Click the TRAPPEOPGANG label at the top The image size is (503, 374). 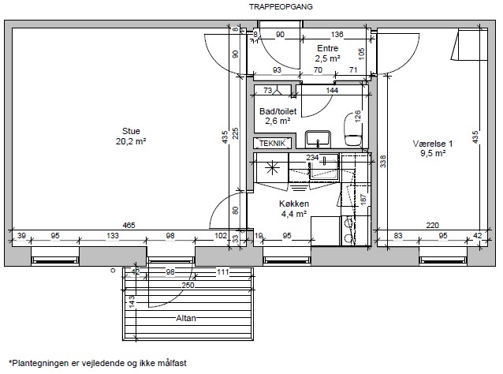281,7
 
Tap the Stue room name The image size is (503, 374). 131,131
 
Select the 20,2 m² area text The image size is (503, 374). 131,141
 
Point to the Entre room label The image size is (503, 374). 327,48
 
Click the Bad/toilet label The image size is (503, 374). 278,111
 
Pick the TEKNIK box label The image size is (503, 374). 272,143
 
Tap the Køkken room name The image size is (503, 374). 294,204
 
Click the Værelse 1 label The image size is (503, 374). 432,144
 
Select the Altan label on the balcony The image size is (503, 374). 186,318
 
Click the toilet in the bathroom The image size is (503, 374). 353,129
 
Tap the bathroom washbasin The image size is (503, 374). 318,139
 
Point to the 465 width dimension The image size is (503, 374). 129,226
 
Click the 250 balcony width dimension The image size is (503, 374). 188,285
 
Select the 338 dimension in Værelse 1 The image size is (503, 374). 382,162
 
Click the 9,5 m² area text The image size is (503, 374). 433,153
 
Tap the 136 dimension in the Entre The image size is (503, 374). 337,34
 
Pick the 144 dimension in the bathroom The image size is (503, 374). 332,90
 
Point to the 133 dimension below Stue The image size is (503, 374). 113,236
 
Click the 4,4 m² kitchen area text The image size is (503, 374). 294,214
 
